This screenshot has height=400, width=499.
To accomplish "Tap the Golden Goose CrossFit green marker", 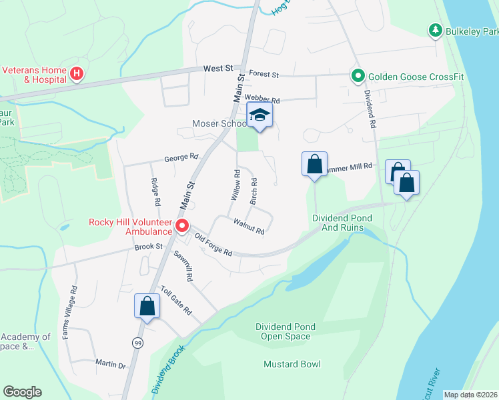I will [358, 76].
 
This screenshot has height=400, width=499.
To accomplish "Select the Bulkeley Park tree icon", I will [434, 31].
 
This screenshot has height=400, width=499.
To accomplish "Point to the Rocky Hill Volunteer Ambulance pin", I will [182, 227].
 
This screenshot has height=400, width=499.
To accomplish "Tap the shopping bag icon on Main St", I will [147, 307].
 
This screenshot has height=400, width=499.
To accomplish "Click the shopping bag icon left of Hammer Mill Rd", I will [314, 163].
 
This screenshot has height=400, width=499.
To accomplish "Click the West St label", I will [217, 69].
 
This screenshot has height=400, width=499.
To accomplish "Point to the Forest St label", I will [263, 74].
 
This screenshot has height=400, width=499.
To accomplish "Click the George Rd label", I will [182, 158].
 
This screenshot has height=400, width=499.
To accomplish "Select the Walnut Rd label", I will [249, 227].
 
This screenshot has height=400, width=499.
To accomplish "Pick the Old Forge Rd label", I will [213, 245].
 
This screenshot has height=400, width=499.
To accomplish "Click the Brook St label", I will [148, 247].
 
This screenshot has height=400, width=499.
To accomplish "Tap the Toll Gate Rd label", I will [176, 301].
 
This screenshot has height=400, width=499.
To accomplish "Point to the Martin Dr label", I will [110, 365].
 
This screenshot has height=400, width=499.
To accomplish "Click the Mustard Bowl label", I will [292, 364].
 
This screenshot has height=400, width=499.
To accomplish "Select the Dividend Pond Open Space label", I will [284, 331].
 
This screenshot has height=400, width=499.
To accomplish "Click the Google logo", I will [22, 392].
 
